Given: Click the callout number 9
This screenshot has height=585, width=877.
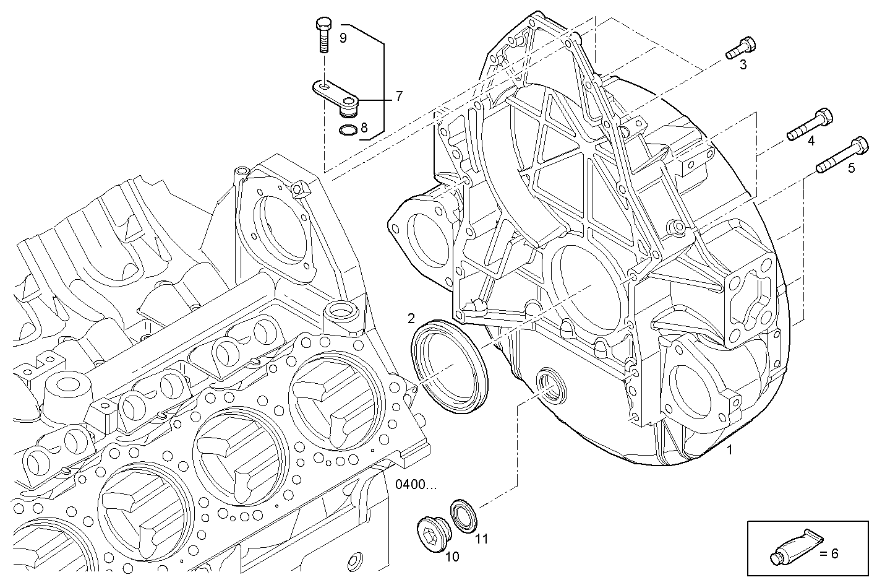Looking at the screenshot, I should (x=343, y=38).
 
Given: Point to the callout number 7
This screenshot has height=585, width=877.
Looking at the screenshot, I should (x=399, y=96).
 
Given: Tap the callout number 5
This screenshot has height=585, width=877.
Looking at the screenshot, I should (x=851, y=168).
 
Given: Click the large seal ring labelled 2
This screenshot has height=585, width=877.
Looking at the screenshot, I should (x=449, y=368).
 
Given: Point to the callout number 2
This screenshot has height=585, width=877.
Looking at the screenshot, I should (x=411, y=319).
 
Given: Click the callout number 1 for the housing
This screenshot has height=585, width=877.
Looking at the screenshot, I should (x=729, y=450).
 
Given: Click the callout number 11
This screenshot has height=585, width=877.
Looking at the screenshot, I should (x=481, y=539).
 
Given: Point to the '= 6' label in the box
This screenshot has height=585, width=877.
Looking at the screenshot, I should (x=829, y=553).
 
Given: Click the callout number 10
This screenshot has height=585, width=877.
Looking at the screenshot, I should (x=452, y=557).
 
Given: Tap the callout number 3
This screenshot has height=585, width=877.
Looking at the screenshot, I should (x=743, y=64).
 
